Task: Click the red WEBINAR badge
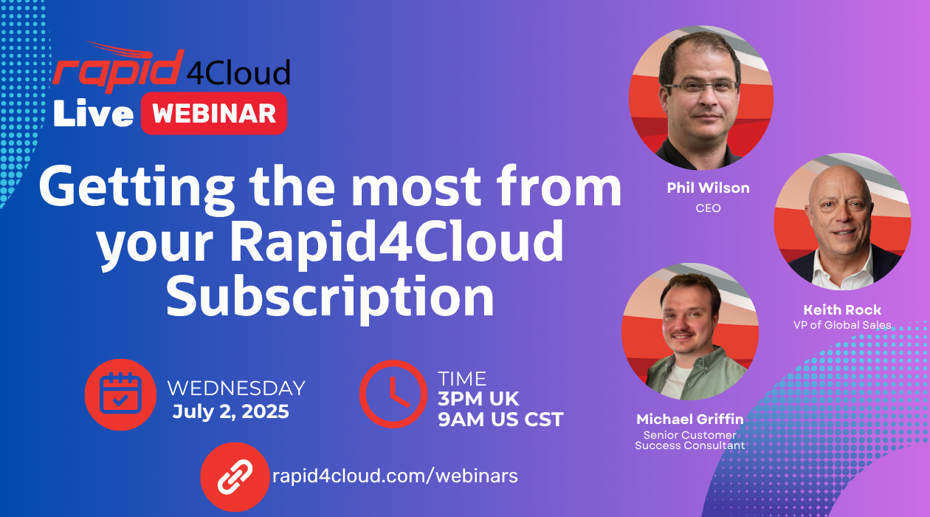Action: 214,114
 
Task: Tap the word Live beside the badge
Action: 94,113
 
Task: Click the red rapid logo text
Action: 118,69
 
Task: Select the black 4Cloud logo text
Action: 238,72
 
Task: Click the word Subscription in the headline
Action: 330,298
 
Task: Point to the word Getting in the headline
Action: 137,188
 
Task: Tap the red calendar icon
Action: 120,394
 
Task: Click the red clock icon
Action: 393,394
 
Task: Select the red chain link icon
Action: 235,476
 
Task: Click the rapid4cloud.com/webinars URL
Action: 395,476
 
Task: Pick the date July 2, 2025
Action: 231,411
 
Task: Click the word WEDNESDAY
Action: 236,388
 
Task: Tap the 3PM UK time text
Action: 478,399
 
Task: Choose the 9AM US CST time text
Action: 500,420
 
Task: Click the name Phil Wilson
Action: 709,188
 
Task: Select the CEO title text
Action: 709,208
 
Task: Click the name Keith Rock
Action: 842,309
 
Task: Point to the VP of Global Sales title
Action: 842,325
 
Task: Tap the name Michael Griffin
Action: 690,419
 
